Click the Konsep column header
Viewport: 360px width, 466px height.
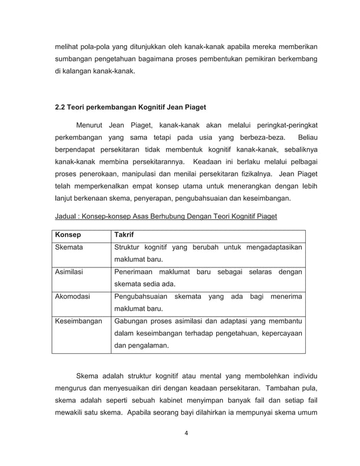(67, 235)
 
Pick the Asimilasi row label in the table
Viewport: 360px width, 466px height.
(68, 272)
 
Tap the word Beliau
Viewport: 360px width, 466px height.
(307, 137)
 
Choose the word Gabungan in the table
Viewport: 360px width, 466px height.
(131, 322)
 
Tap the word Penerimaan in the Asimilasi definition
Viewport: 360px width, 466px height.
(135, 272)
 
